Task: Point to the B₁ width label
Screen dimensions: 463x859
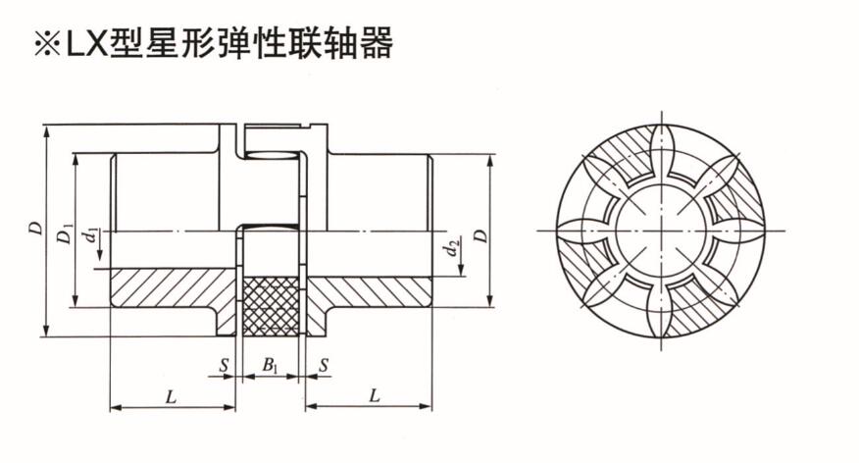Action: coord(270,366)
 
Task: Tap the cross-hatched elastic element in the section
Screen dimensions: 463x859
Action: coord(272,305)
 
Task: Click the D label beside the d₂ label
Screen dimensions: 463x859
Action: coord(480,236)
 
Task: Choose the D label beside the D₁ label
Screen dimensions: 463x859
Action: coord(35,228)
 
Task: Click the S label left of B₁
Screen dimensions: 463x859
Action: coord(225,366)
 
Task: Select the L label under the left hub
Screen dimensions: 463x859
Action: coord(171,396)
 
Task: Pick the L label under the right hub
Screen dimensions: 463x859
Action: coord(372,396)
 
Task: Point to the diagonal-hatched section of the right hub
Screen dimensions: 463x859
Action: coord(373,291)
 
